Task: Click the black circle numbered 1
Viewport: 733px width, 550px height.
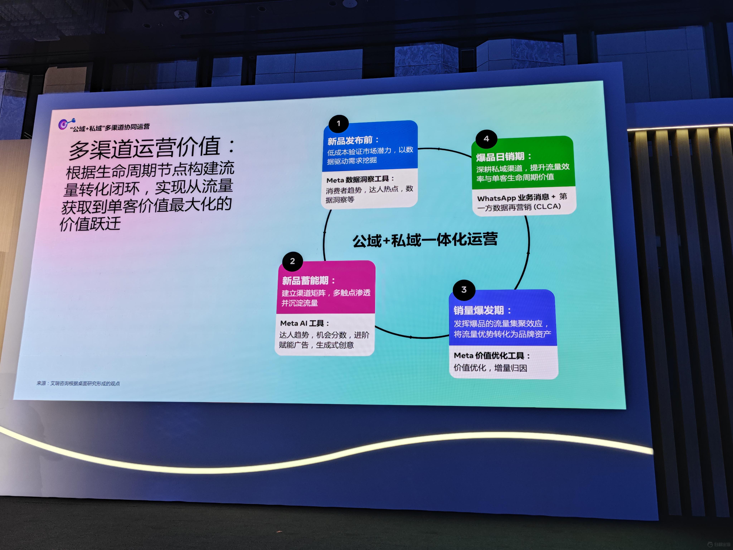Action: click(338, 124)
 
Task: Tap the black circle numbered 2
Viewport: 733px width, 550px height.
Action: click(292, 261)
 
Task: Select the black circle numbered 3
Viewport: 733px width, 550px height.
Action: click(464, 290)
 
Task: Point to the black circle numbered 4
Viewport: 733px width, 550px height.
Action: click(486, 139)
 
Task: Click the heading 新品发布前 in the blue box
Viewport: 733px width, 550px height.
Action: click(350, 141)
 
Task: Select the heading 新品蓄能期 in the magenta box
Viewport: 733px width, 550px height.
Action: click(305, 281)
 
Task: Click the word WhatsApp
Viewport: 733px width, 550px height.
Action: click(496, 198)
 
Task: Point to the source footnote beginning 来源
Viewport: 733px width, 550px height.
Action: click(78, 383)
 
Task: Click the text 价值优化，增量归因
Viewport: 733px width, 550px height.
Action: click(490, 368)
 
